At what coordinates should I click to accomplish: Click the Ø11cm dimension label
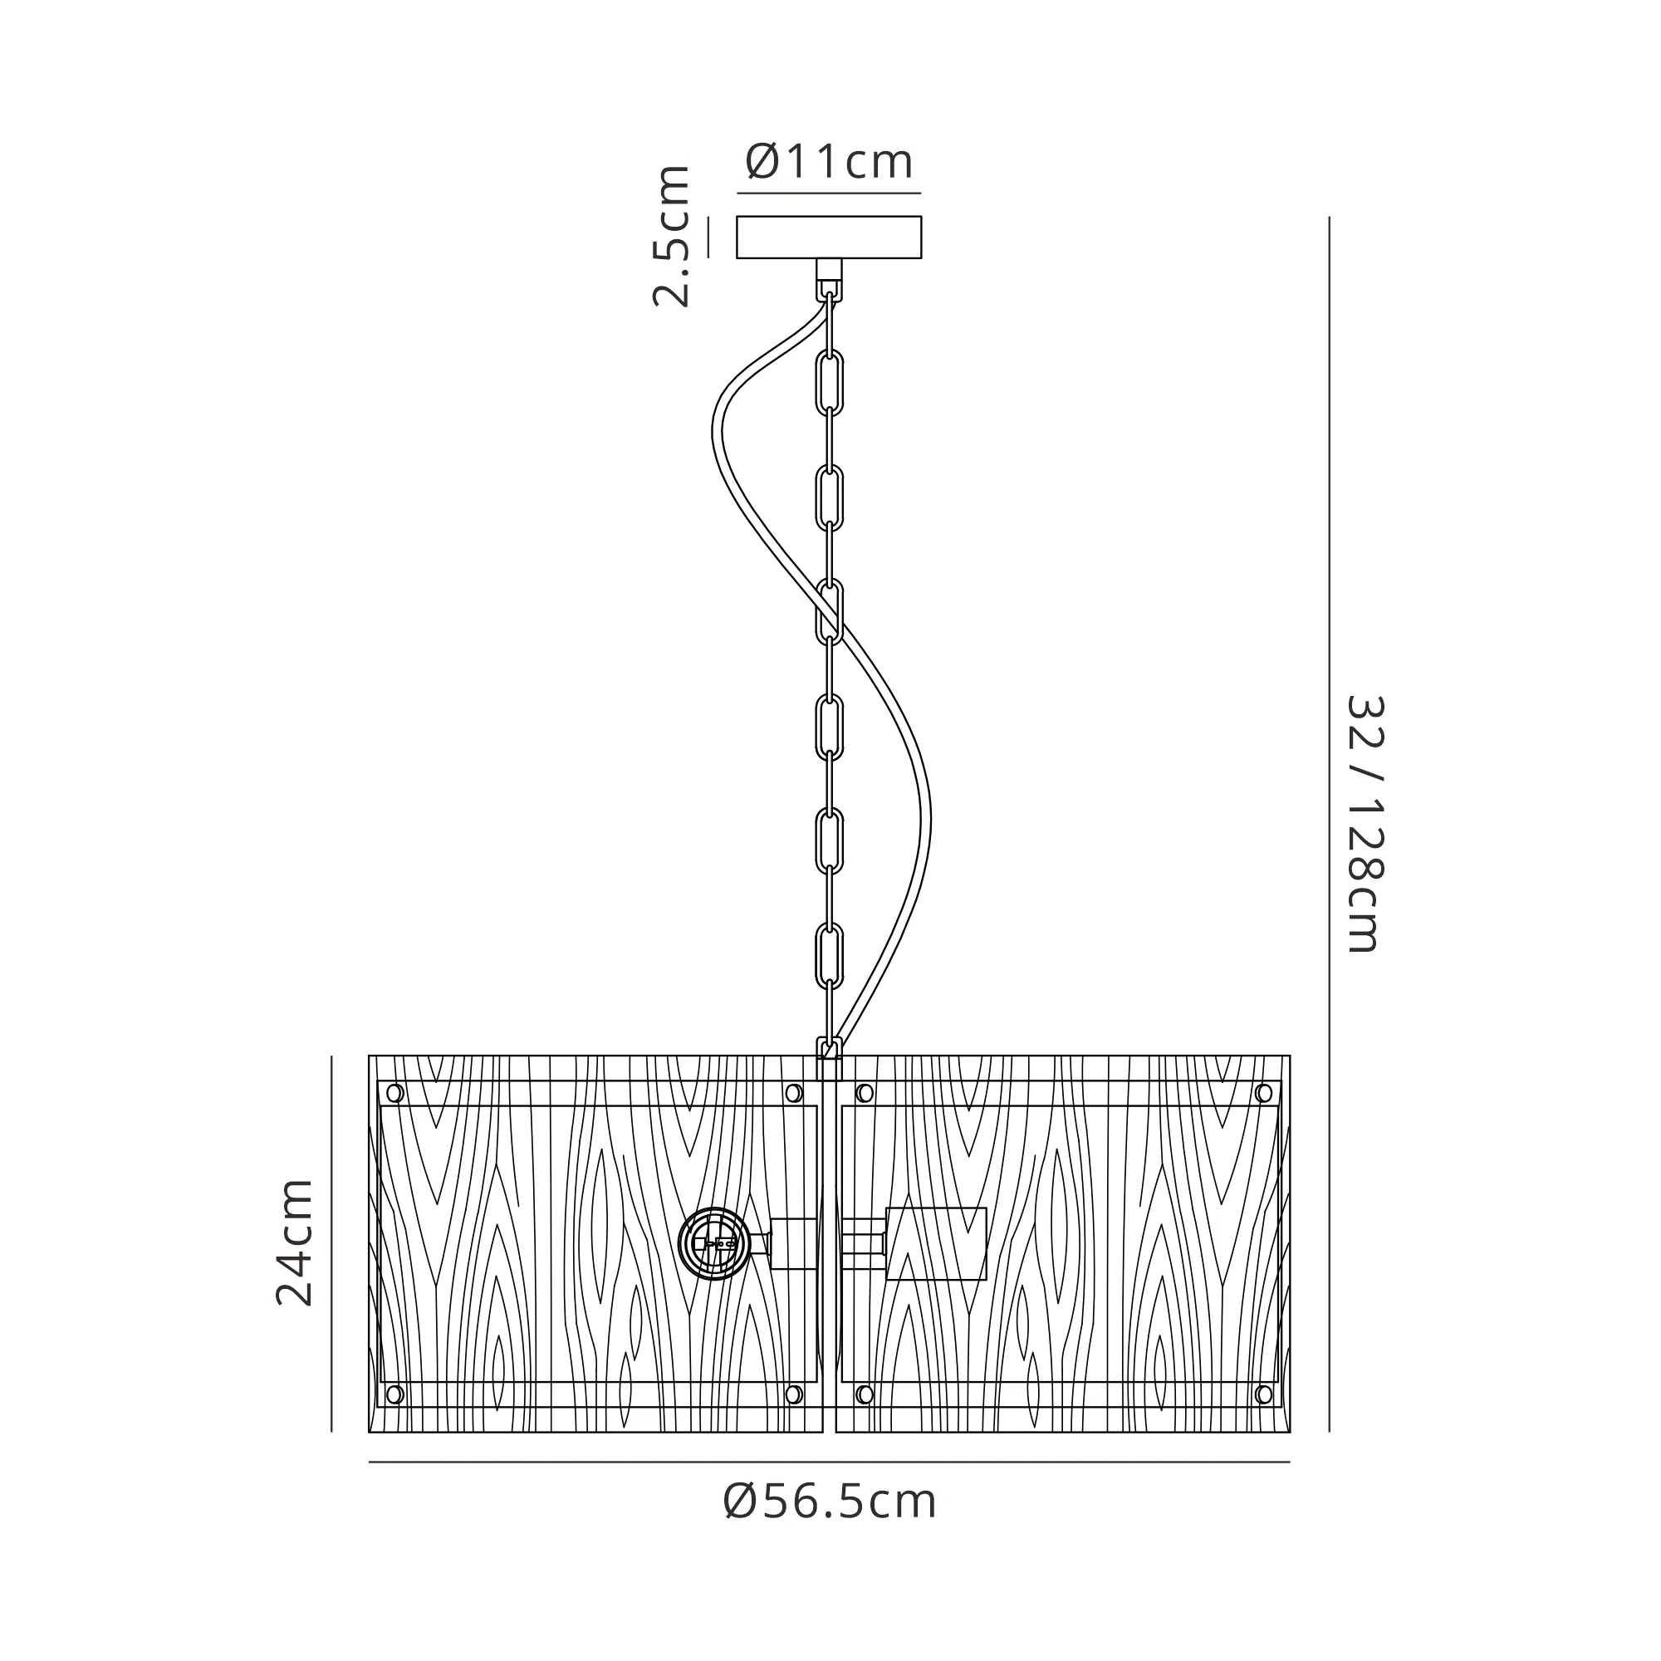pos(829,162)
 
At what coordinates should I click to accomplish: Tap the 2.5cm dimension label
pos(671,236)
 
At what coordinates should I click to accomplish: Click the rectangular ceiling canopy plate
pos(829,238)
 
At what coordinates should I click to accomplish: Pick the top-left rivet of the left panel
pos(394,1093)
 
